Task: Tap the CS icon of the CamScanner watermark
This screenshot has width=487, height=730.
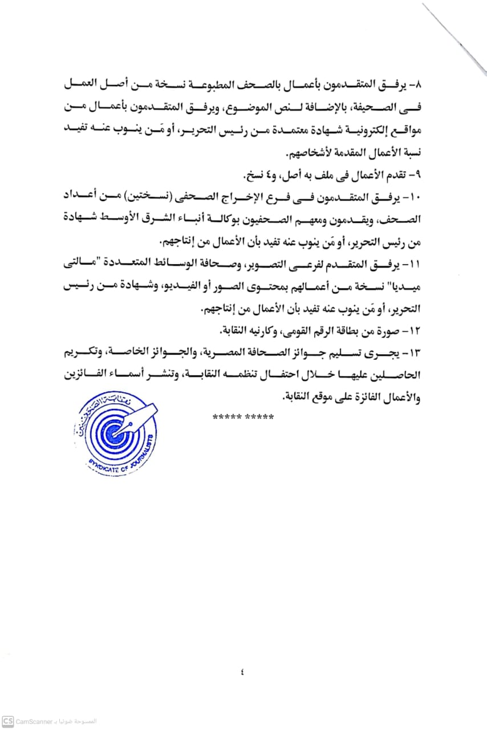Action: point(7,721)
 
